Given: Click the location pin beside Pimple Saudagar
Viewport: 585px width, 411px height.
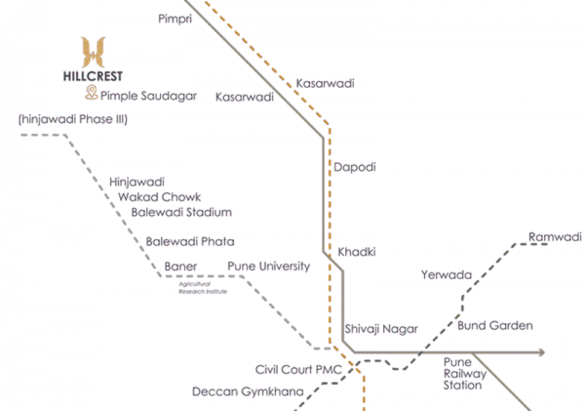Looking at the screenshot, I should point(91,93).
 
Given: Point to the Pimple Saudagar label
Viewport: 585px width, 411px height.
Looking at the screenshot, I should point(148,96).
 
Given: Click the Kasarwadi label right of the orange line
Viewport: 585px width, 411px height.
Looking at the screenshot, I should point(326,85).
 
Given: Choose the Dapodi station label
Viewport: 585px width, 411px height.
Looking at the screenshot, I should point(355,168).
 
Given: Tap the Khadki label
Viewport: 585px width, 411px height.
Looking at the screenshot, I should point(357,252).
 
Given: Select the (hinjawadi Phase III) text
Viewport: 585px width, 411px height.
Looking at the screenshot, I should point(73,119).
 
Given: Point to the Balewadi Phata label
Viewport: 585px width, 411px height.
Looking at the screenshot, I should point(190,241).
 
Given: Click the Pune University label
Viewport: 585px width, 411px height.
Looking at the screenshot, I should point(268,267).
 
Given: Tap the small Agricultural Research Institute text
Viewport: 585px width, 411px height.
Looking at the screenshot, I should point(202,288).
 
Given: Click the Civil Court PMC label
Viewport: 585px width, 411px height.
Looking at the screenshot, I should point(299,371).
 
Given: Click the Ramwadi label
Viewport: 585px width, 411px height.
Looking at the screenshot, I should point(554,237).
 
